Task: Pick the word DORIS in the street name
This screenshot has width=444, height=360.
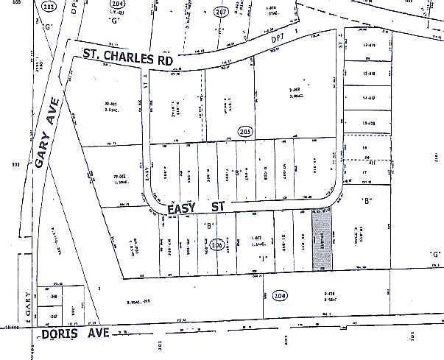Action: pos(58,333)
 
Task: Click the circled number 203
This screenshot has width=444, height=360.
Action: pos(246,132)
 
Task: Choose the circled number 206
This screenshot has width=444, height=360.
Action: pos(216,245)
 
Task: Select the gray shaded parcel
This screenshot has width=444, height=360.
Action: pos(323,239)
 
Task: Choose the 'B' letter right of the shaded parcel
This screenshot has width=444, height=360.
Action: pos(364,200)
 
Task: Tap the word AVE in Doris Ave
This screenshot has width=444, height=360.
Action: pos(97,333)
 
